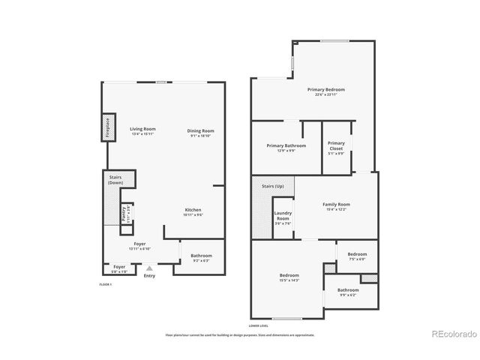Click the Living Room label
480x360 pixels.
coord(142,131)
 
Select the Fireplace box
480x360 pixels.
coord(108,127)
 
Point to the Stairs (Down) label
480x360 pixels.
coord(115,181)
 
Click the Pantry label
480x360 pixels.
coord(126,213)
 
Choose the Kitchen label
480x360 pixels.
coord(193,211)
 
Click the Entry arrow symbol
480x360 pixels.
coord(149,268)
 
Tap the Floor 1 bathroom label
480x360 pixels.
coord(201,257)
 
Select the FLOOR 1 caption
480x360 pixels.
coord(106,285)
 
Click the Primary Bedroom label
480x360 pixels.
coord(325,91)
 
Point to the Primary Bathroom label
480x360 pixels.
coord(286,147)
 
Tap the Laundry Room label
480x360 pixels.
coord(282,217)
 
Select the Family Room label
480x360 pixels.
coord(336,206)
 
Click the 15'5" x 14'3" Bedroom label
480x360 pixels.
coord(289,277)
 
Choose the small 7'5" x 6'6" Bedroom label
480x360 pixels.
coord(357,256)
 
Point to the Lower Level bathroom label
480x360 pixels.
coord(347,292)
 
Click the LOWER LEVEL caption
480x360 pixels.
coord(259,326)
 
